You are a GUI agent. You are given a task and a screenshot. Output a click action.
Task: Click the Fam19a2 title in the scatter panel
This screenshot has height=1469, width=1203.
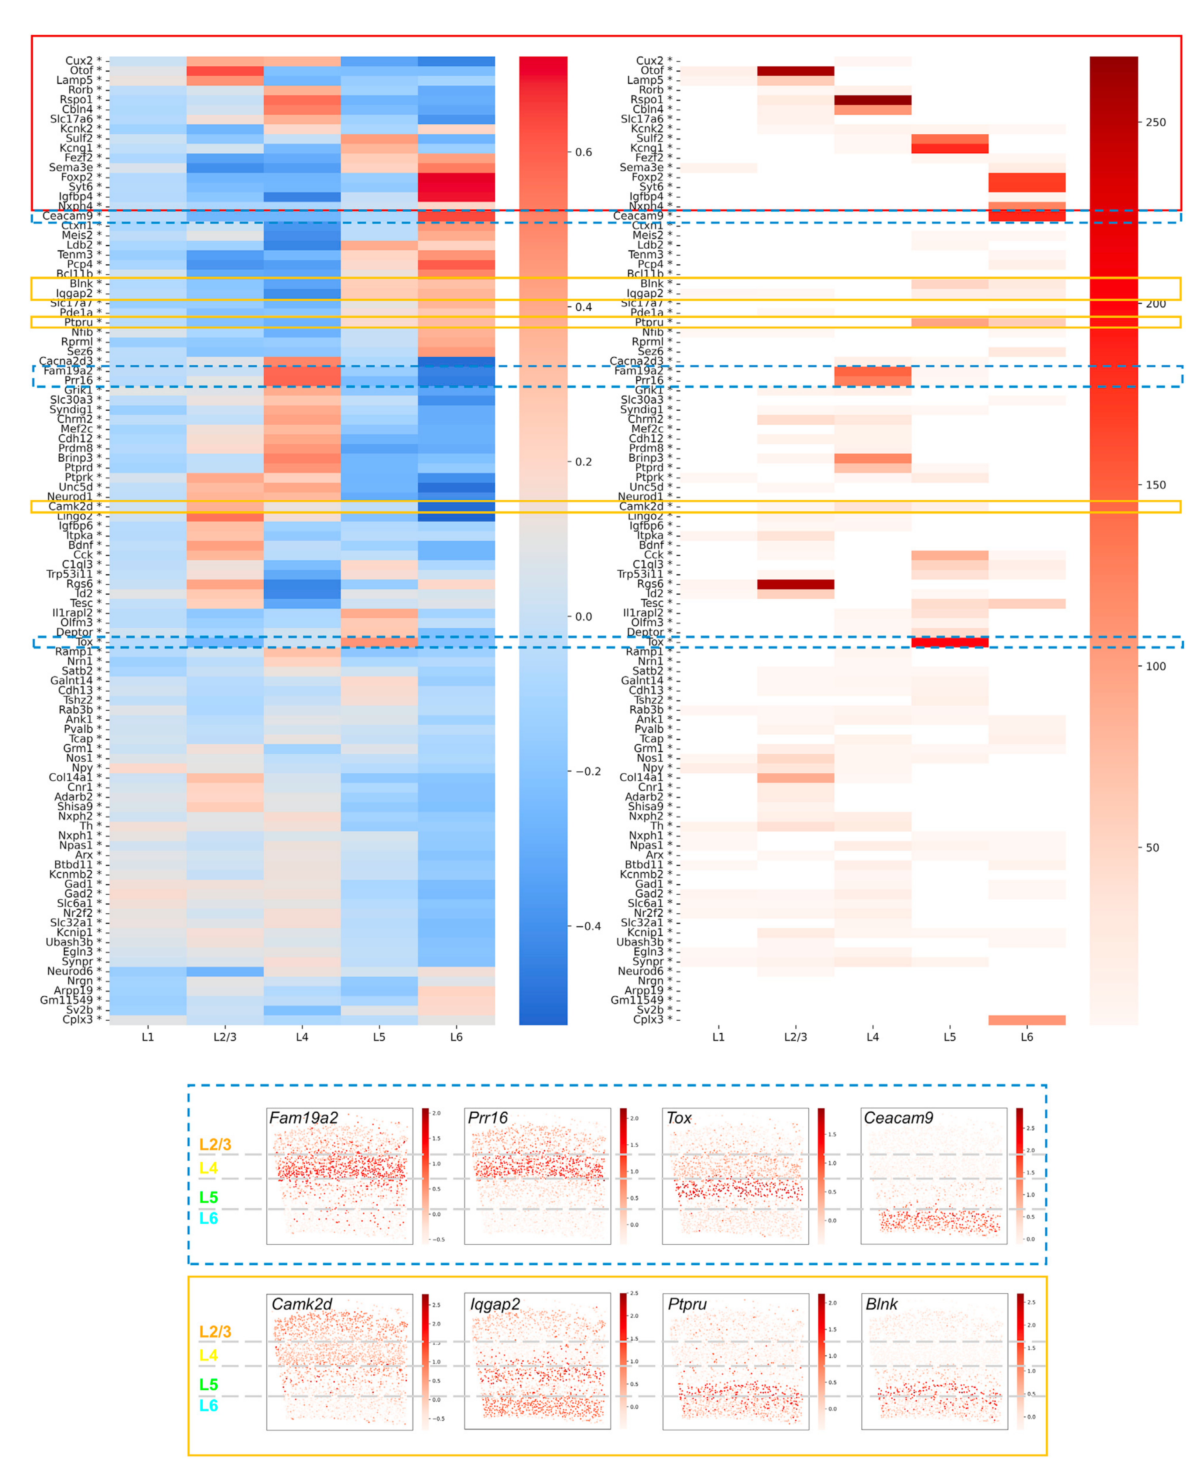click(303, 1118)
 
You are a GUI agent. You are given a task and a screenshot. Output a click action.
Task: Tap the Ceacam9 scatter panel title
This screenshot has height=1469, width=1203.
click(898, 1118)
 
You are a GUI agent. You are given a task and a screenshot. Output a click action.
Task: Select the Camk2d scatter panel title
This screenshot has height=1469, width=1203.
click(301, 1304)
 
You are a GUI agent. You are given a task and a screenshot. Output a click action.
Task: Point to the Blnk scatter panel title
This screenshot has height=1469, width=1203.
click(882, 1304)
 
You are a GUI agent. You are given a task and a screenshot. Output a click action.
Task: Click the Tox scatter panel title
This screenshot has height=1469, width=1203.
click(679, 1118)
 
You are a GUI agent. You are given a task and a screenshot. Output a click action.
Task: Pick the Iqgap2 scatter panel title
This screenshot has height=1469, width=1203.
click(495, 1304)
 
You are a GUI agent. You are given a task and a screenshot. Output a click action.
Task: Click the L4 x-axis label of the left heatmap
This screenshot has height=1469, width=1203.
click(302, 1037)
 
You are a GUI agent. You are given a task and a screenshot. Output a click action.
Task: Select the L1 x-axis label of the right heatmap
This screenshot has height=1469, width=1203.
click(719, 1037)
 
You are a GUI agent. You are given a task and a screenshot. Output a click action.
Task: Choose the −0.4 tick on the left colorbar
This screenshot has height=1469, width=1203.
click(586, 926)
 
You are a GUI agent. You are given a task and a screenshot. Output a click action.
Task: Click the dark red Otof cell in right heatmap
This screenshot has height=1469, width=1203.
click(796, 71)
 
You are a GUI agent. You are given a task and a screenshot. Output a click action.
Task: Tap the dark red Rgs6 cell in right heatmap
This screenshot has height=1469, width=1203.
click(796, 584)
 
